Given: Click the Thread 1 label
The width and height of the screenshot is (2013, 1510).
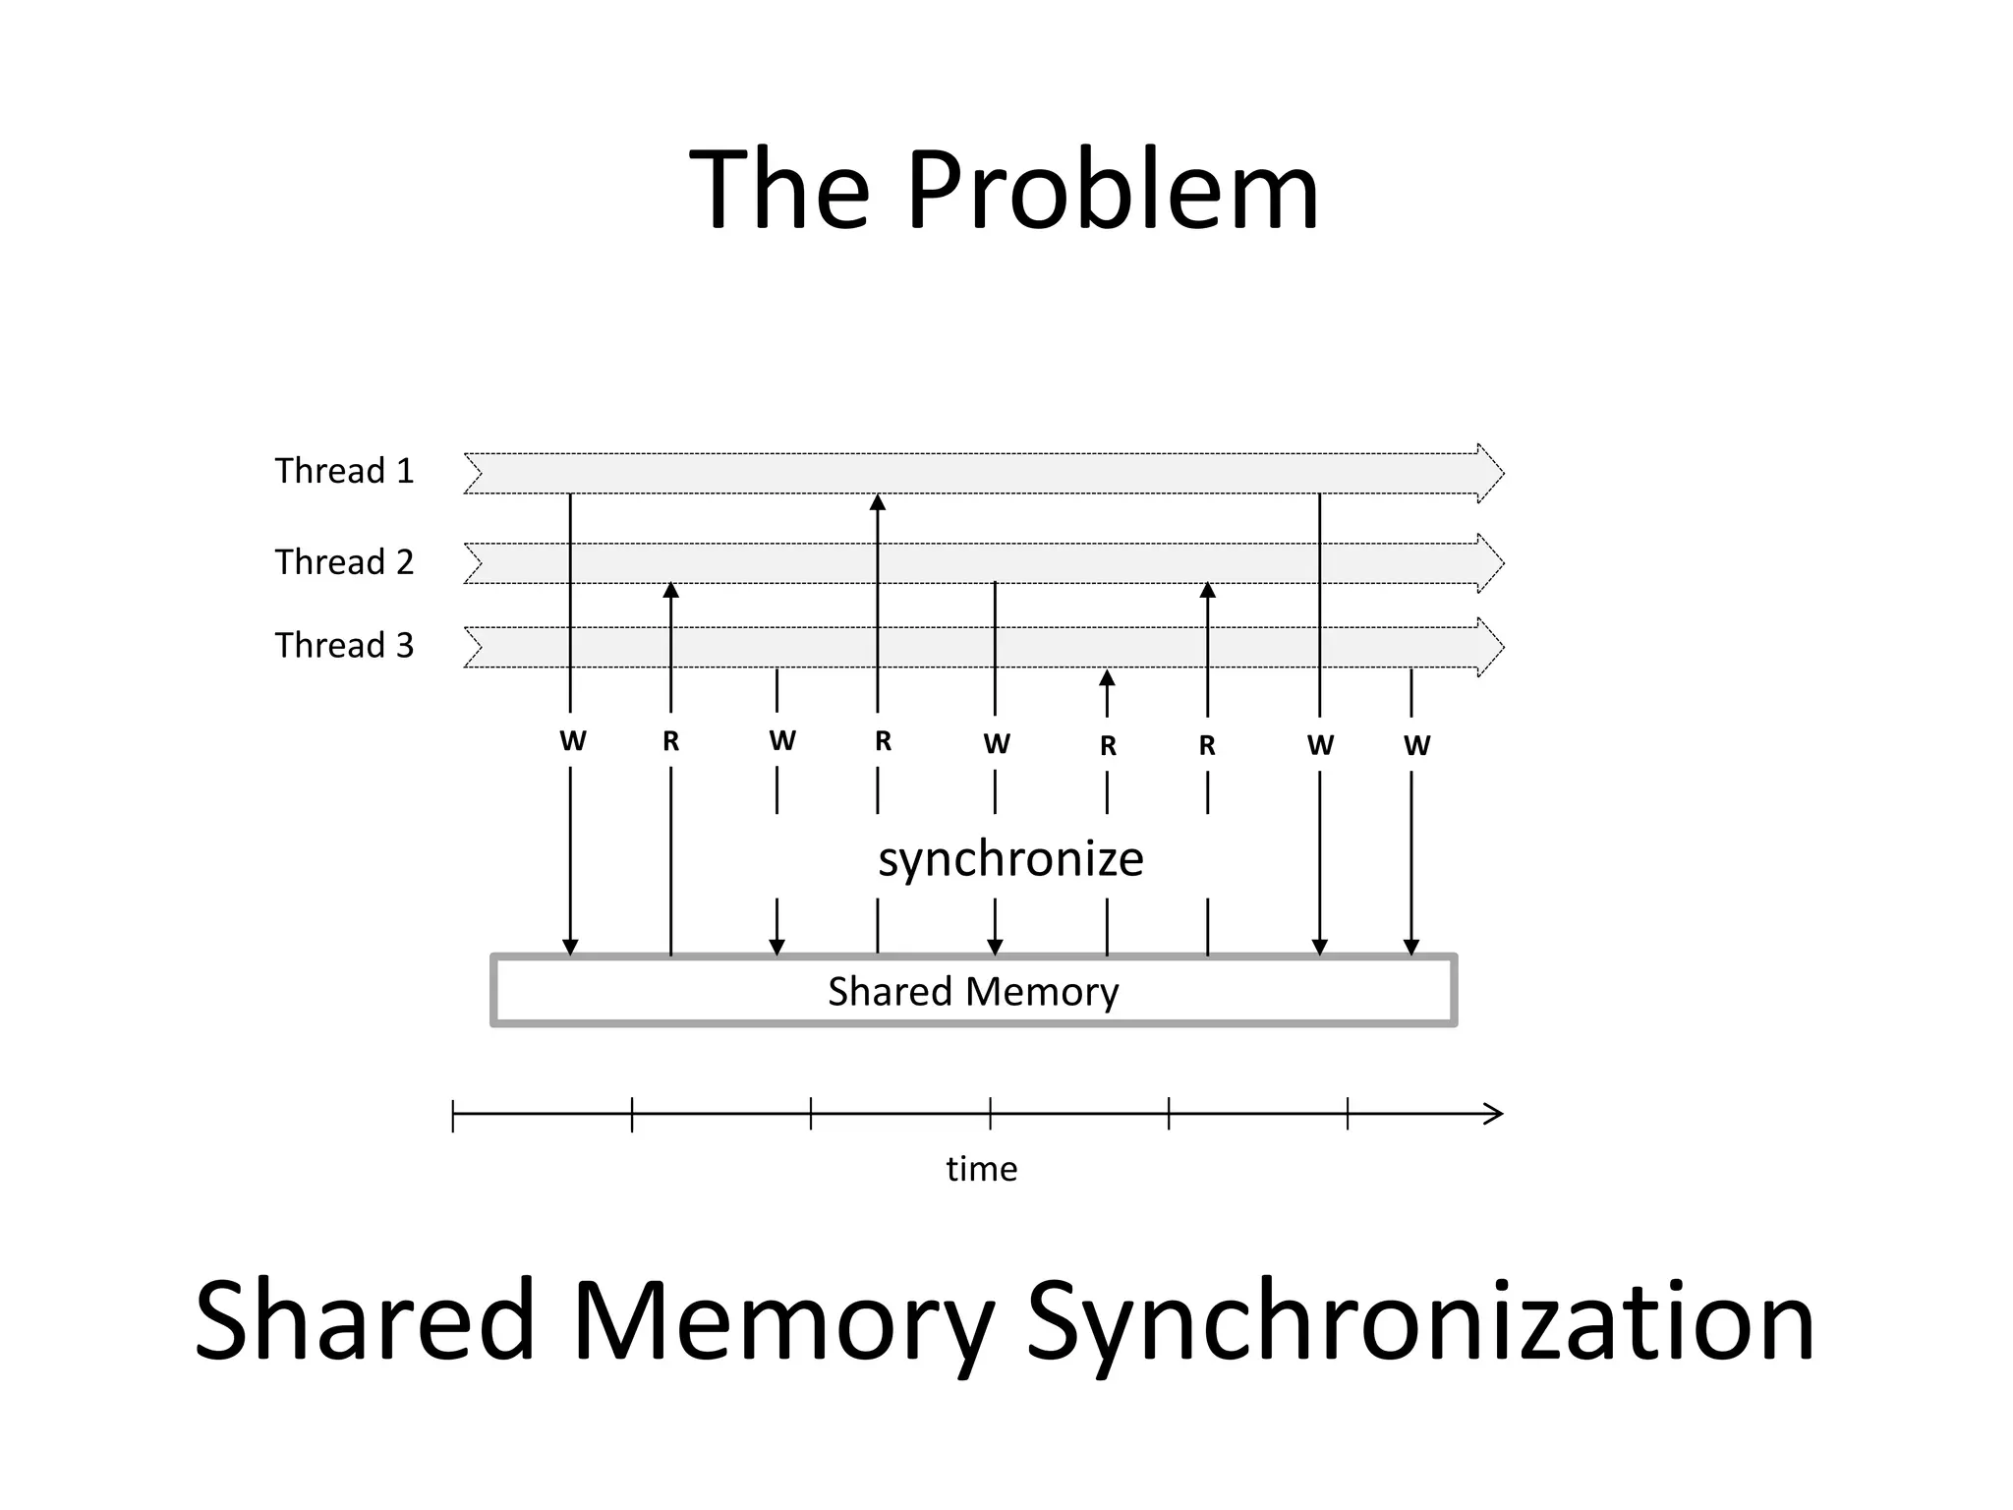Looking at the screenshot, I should (344, 471).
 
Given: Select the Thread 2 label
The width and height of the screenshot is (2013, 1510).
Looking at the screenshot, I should (344, 562).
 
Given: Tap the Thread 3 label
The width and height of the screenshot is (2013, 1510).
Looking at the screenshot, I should (344, 646).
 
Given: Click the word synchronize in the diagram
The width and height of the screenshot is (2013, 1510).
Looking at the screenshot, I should (1010, 858).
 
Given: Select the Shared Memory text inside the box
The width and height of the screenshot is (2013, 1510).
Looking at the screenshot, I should (973, 991).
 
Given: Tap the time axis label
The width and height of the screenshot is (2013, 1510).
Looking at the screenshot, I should (981, 1169).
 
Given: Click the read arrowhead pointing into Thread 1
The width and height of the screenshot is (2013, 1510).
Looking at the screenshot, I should (878, 502).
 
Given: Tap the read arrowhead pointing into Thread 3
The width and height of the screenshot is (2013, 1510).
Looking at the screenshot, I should (1107, 677).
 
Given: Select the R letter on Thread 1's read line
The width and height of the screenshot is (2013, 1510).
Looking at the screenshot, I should (883, 741).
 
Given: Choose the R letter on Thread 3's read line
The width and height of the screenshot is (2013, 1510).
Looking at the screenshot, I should (1108, 746).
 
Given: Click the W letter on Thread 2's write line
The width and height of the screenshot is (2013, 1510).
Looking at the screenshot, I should (996, 744).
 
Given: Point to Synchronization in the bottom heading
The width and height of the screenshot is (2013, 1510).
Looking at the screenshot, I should (1419, 1320).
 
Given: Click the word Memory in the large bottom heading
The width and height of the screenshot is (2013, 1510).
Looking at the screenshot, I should (783, 1320).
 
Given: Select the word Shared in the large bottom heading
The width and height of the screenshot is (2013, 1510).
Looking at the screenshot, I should (365, 1320).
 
